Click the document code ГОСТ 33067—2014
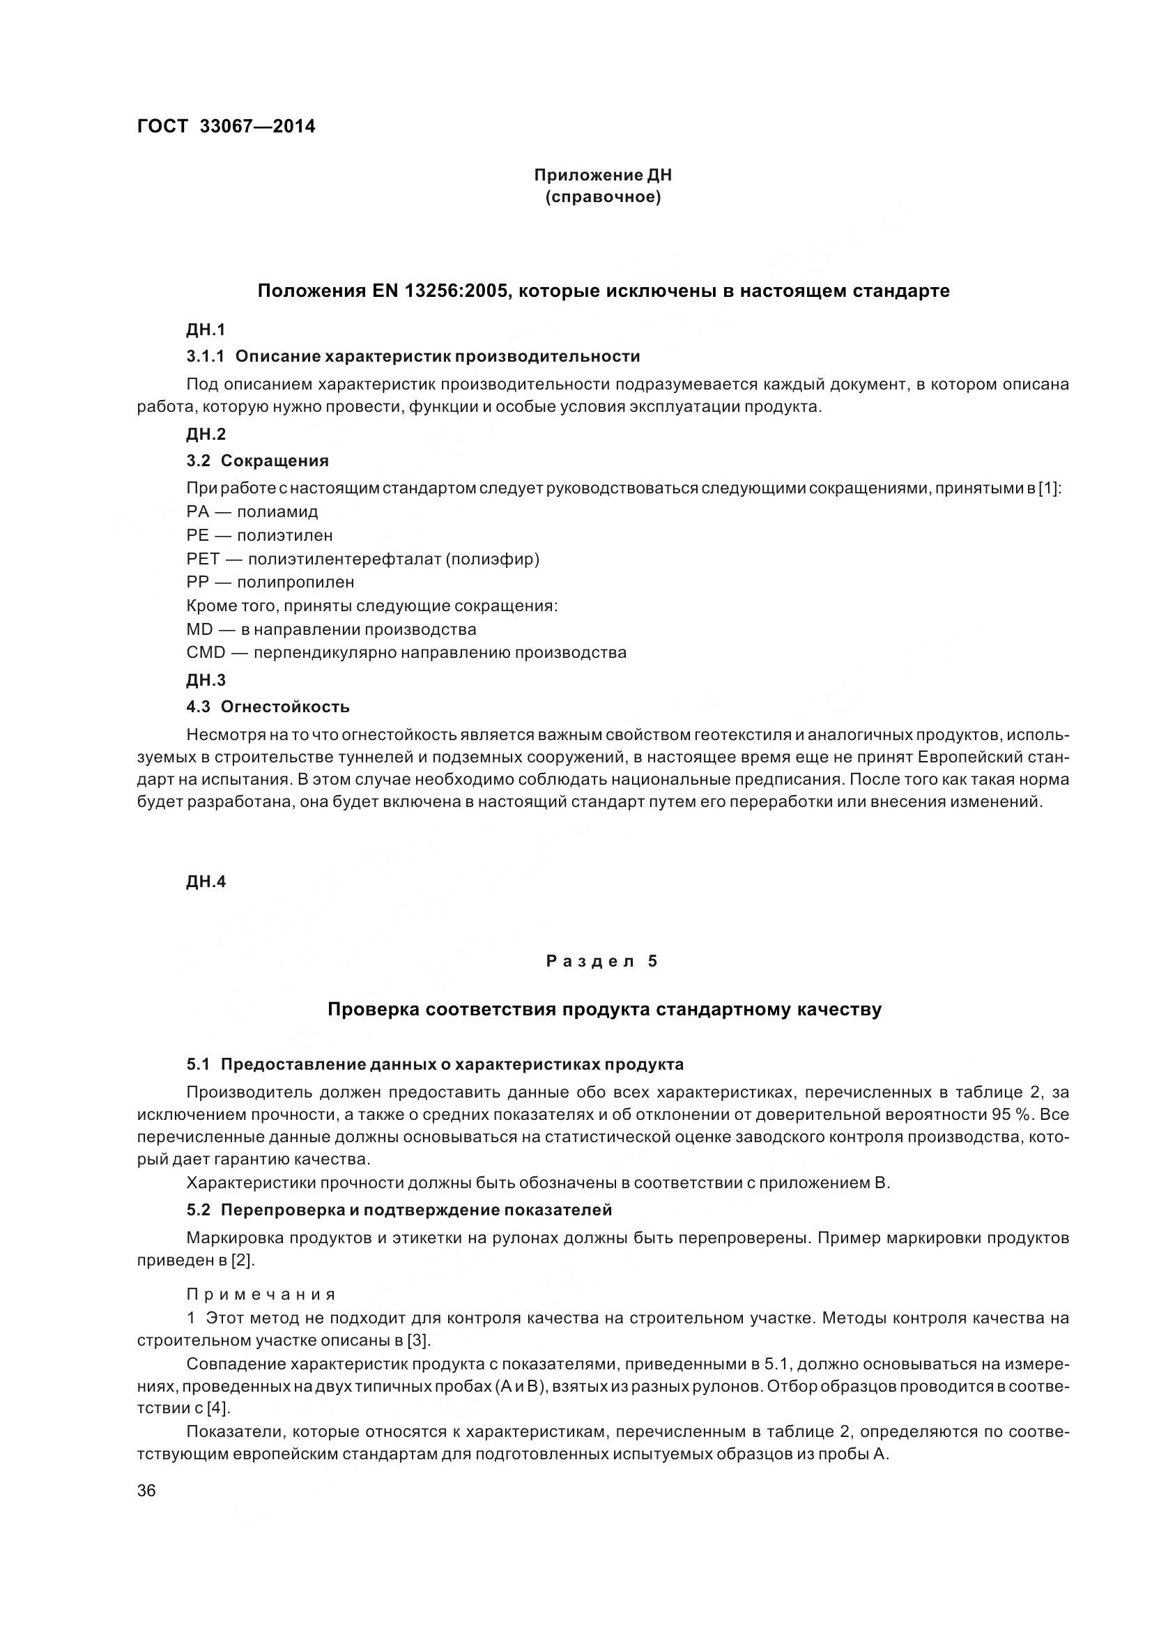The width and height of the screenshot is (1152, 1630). tap(226, 126)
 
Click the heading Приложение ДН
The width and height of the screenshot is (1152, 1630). tap(603, 175)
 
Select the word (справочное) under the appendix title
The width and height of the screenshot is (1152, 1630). tap(603, 197)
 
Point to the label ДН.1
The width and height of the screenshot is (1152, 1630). tap(206, 330)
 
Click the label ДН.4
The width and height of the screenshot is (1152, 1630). tap(206, 882)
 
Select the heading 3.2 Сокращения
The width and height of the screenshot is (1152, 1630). tap(258, 461)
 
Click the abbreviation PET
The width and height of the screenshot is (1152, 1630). tap(203, 559)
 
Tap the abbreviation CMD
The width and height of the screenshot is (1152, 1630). tap(206, 652)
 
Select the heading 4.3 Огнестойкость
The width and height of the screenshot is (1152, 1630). tap(268, 707)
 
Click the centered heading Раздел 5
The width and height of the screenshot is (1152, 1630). tap(603, 961)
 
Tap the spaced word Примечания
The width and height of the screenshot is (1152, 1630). tap(261, 1293)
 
